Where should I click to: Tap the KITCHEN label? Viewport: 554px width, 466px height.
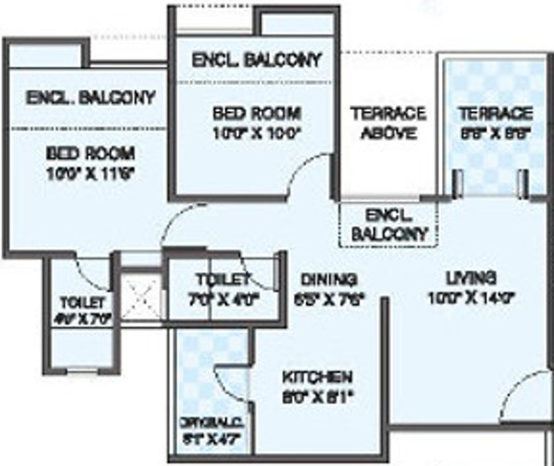point(317,377)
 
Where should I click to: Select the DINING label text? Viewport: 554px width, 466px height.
point(329,279)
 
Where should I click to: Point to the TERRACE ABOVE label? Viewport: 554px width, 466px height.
point(388,122)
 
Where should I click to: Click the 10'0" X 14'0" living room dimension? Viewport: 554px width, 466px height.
point(469,299)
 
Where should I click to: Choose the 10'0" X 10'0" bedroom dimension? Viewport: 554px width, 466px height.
point(256,132)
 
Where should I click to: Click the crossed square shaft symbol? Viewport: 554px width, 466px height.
point(142,299)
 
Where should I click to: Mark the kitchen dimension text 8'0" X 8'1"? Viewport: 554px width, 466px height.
point(317,396)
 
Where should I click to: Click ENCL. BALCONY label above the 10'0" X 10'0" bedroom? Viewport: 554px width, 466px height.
point(256,60)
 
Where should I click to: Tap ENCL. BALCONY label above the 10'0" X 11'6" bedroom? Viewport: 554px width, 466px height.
point(90,98)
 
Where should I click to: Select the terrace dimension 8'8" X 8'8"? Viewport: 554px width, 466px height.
point(494,132)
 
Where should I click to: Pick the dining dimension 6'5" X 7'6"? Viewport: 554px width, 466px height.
point(329,299)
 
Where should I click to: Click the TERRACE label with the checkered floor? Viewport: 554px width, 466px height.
point(494,113)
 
